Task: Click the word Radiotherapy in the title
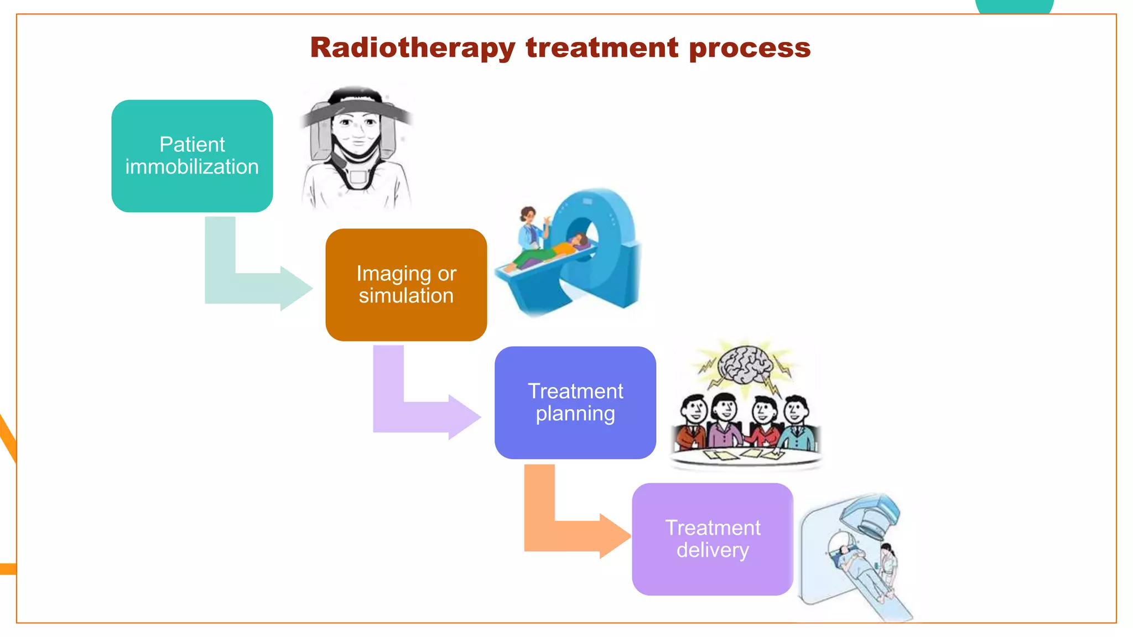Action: coord(413,48)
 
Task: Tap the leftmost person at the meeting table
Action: coord(692,423)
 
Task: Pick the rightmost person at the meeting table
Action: coord(798,423)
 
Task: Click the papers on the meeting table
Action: coord(741,455)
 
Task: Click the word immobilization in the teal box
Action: coord(192,167)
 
